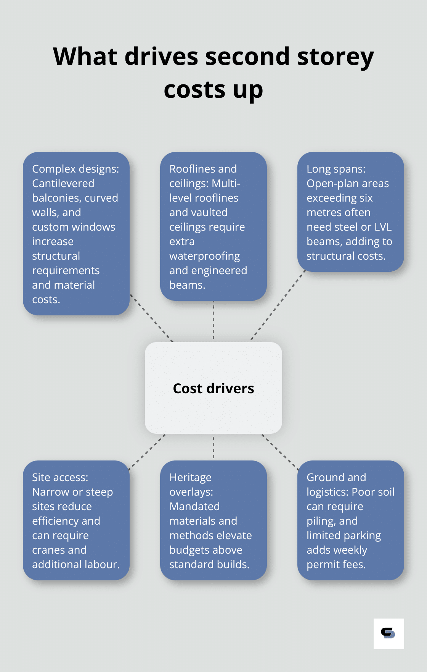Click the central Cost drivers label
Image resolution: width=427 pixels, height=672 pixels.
pos(213,388)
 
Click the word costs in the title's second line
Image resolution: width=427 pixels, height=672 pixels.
pos(194,90)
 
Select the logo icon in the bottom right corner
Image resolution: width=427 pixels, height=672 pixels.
pos(388,633)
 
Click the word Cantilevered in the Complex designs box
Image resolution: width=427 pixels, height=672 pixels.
pos(63,184)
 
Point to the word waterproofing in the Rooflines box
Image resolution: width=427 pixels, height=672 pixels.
pos(205,256)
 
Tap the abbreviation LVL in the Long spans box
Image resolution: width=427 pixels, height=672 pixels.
pos(383,227)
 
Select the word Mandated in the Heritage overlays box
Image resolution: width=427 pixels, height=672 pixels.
pos(194,507)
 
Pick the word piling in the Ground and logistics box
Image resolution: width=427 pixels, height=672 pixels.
pos(320,521)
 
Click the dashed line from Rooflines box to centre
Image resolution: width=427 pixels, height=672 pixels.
pos(213,321)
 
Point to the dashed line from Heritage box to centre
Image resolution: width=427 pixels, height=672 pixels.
pos(213,447)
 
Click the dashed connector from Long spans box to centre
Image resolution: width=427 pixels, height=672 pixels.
pos(278,305)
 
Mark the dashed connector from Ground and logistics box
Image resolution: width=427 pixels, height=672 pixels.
pos(280,451)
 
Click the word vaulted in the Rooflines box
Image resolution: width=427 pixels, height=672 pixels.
pos(209,213)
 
